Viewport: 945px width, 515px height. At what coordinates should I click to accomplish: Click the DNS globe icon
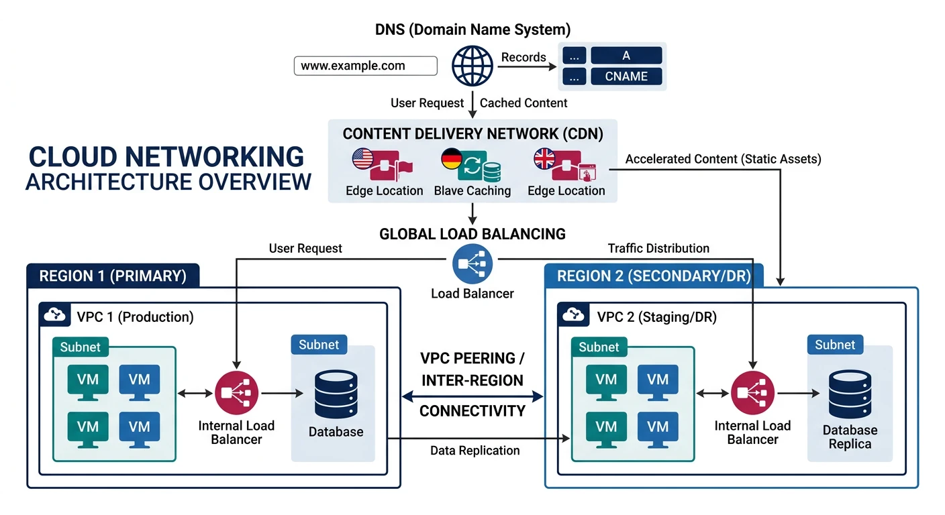[472, 65]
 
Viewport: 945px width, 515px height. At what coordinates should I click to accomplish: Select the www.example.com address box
[366, 66]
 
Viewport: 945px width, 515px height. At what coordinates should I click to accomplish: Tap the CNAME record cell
[626, 76]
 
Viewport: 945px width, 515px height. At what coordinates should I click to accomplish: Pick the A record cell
[626, 56]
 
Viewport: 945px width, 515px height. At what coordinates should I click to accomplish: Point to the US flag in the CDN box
[362, 159]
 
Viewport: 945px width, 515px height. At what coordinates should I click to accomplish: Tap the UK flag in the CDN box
[544, 159]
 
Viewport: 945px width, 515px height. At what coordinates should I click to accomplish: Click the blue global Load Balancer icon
[472, 264]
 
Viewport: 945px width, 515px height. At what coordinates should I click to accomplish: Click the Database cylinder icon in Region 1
[336, 394]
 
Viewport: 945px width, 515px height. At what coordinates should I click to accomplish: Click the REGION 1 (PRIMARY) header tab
[113, 276]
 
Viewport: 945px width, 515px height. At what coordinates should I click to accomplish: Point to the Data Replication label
[475, 451]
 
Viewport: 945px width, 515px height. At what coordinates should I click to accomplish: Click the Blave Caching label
[472, 191]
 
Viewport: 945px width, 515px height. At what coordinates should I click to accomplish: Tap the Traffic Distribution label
[658, 249]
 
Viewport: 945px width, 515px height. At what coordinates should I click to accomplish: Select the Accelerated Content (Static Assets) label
[723, 160]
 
